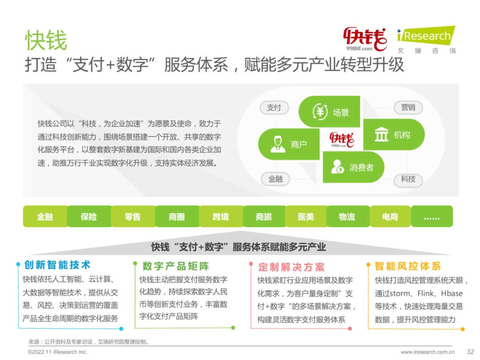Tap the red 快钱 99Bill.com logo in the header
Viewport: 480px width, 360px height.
(x=365, y=39)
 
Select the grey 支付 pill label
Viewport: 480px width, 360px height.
(x=274, y=108)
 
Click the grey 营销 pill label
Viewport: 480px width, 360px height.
(x=408, y=108)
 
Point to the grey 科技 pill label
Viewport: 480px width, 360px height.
(x=408, y=179)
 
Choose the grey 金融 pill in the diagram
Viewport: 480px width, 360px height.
(x=276, y=179)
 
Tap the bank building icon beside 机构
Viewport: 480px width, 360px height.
(x=381, y=134)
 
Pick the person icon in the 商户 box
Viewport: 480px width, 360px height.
(x=278, y=144)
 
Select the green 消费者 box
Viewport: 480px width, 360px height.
(x=354, y=167)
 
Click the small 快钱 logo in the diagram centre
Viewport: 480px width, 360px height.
(x=342, y=140)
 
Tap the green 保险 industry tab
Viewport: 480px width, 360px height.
(x=89, y=216)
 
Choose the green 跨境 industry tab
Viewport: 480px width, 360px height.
(x=221, y=216)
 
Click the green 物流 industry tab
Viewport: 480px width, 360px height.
(x=347, y=216)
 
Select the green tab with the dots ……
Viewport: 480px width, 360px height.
(x=432, y=216)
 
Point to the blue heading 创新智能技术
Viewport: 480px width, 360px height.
(x=57, y=265)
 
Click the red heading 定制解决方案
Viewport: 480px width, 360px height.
(x=292, y=267)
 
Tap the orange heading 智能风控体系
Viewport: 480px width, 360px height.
(x=408, y=266)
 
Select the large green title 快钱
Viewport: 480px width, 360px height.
(x=46, y=40)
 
